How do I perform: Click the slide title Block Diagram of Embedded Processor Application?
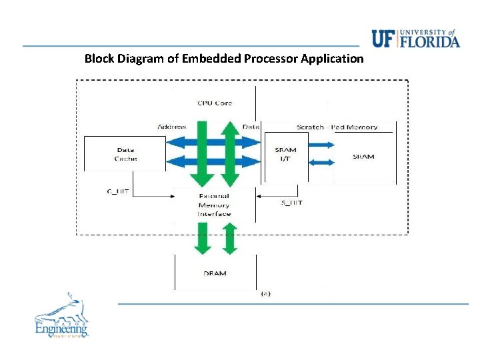(x=224, y=59)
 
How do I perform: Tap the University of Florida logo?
(x=415, y=39)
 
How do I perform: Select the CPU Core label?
(x=215, y=103)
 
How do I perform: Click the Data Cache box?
(x=125, y=155)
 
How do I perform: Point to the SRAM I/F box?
(x=285, y=155)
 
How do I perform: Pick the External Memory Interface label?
(x=214, y=205)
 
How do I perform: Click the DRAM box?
(x=214, y=273)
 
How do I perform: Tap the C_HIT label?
(x=117, y=192)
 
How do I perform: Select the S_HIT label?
(x=292, y=202)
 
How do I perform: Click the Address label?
(x=171, y=127)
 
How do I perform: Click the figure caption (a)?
(x=265, y=293)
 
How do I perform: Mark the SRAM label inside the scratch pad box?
(x=363, y=157)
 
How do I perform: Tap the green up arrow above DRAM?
(x=229, y=239)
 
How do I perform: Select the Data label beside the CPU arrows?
(x=251, y=127)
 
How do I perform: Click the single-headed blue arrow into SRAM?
(x=321, y=144)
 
